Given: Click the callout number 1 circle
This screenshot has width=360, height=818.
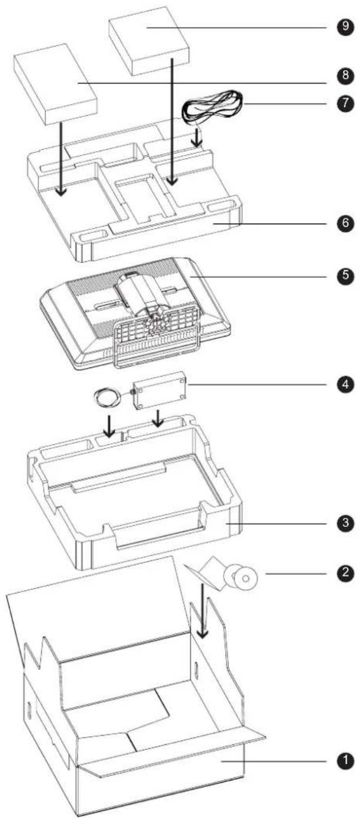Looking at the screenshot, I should tap(344, 760).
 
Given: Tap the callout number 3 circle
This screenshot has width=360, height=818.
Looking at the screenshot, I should tap(344, 522).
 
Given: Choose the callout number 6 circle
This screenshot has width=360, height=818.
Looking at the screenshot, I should tap(344, 224).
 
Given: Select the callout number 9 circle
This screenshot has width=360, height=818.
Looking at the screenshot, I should tap(344, 28).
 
